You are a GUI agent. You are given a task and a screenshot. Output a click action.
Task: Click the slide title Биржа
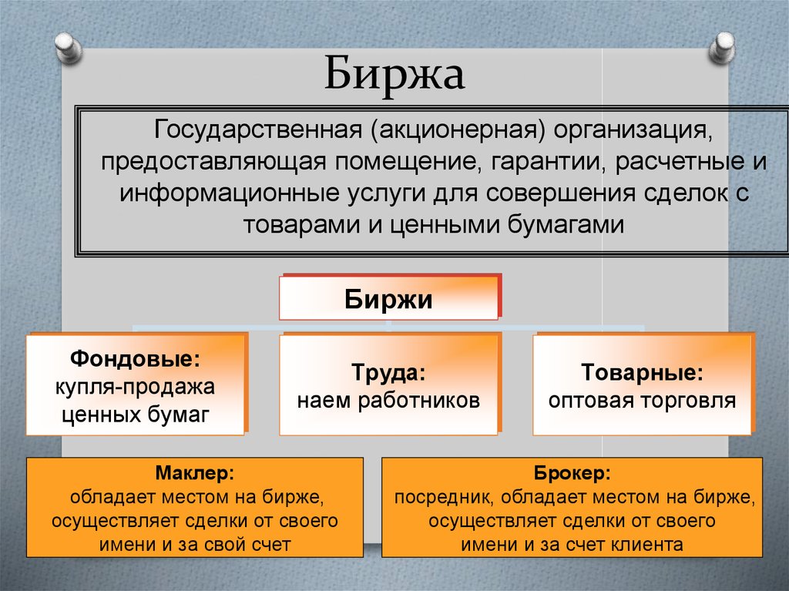coord(394,75)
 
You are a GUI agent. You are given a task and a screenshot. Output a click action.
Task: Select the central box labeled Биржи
coord(388,298)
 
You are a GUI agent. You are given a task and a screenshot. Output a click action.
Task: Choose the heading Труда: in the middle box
coord(388,373)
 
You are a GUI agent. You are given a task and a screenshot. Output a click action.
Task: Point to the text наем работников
coord(388,401)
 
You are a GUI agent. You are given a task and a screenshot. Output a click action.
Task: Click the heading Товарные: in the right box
coord(642,373)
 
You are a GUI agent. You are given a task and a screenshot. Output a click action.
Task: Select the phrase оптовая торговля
coord(642,401)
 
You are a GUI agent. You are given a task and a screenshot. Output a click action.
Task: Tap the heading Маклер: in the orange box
coord(195,471)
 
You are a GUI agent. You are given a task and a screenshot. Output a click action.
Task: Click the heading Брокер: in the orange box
coord(572,471)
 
